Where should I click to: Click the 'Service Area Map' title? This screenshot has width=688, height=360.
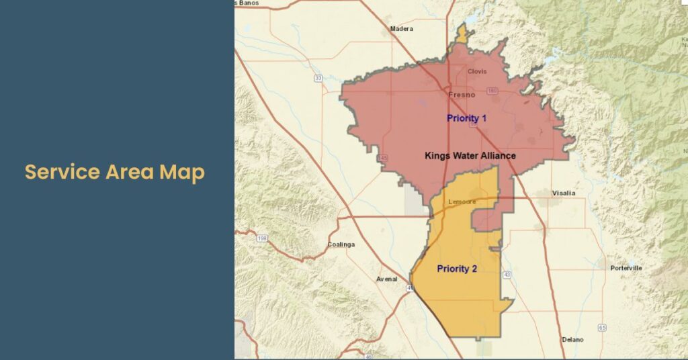[x=115, y=173]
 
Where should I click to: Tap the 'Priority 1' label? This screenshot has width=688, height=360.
[x=466, y=118]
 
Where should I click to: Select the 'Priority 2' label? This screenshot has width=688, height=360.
[x=457, y=269]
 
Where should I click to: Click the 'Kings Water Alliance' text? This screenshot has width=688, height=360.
[x=470, y=156]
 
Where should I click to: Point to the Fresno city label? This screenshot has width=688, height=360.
[x=462, y=95]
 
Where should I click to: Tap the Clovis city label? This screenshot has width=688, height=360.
[x=476, y=72]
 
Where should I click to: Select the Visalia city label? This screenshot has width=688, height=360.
[x=563, y=193]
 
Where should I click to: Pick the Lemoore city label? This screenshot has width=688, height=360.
[x=462, y=201]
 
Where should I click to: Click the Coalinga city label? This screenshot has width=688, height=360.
[x=341, y=244]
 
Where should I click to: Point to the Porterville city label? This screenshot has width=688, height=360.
[x=626, y=268]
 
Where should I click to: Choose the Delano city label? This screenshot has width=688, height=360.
[x=573, y=339]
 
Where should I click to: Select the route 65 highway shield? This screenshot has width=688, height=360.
[x=602, y=327]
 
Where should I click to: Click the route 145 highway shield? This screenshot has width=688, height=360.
[x=383, y=158]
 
